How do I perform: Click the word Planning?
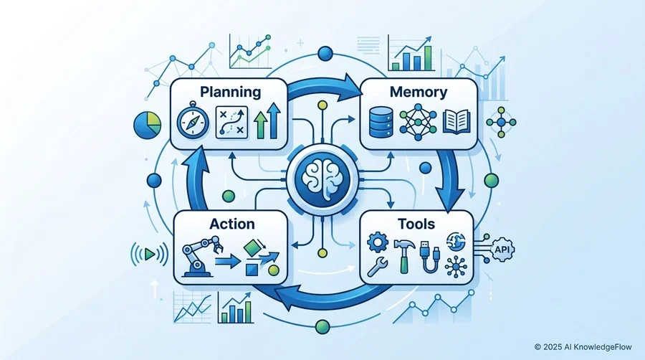[230, 93]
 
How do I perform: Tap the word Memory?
[419, 93]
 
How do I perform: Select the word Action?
[232, 224]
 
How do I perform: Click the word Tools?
[416, 224]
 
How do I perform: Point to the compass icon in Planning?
[193, 120]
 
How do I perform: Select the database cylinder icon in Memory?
[381, 122]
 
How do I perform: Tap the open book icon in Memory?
[457, 121]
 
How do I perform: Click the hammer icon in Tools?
[405, 256]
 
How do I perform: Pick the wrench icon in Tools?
[377, 267]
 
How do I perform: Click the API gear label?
[502, 250]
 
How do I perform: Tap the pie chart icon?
[147, 125]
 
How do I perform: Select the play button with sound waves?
[150, 255]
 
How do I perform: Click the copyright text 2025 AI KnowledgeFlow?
[583, 347]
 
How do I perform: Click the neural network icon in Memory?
[418, 122]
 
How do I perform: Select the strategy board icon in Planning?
[231, 122]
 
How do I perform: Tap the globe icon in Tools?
[456, 242]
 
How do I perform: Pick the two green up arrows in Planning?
[267, 120]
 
